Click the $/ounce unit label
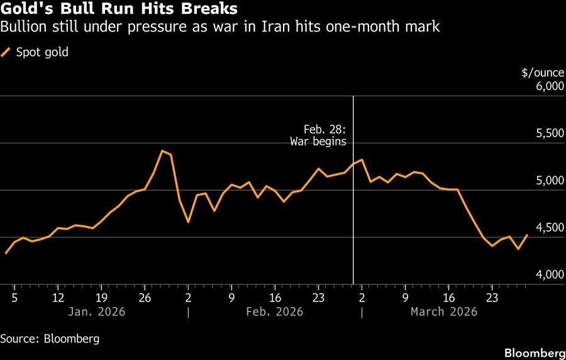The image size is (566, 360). tap(543, 72)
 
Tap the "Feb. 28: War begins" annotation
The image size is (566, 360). tap(318, 135)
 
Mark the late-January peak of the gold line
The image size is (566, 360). tap(162, 150)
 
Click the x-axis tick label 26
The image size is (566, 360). tap(145, 297)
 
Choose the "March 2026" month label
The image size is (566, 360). tap(444, 312)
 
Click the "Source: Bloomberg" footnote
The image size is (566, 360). tap(50, 339)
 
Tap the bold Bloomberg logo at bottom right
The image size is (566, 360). tap(535, 351)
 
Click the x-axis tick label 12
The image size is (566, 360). tap(58, 297)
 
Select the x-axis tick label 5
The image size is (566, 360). tap(14, 297)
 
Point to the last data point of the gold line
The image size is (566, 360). tap(527, 235)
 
